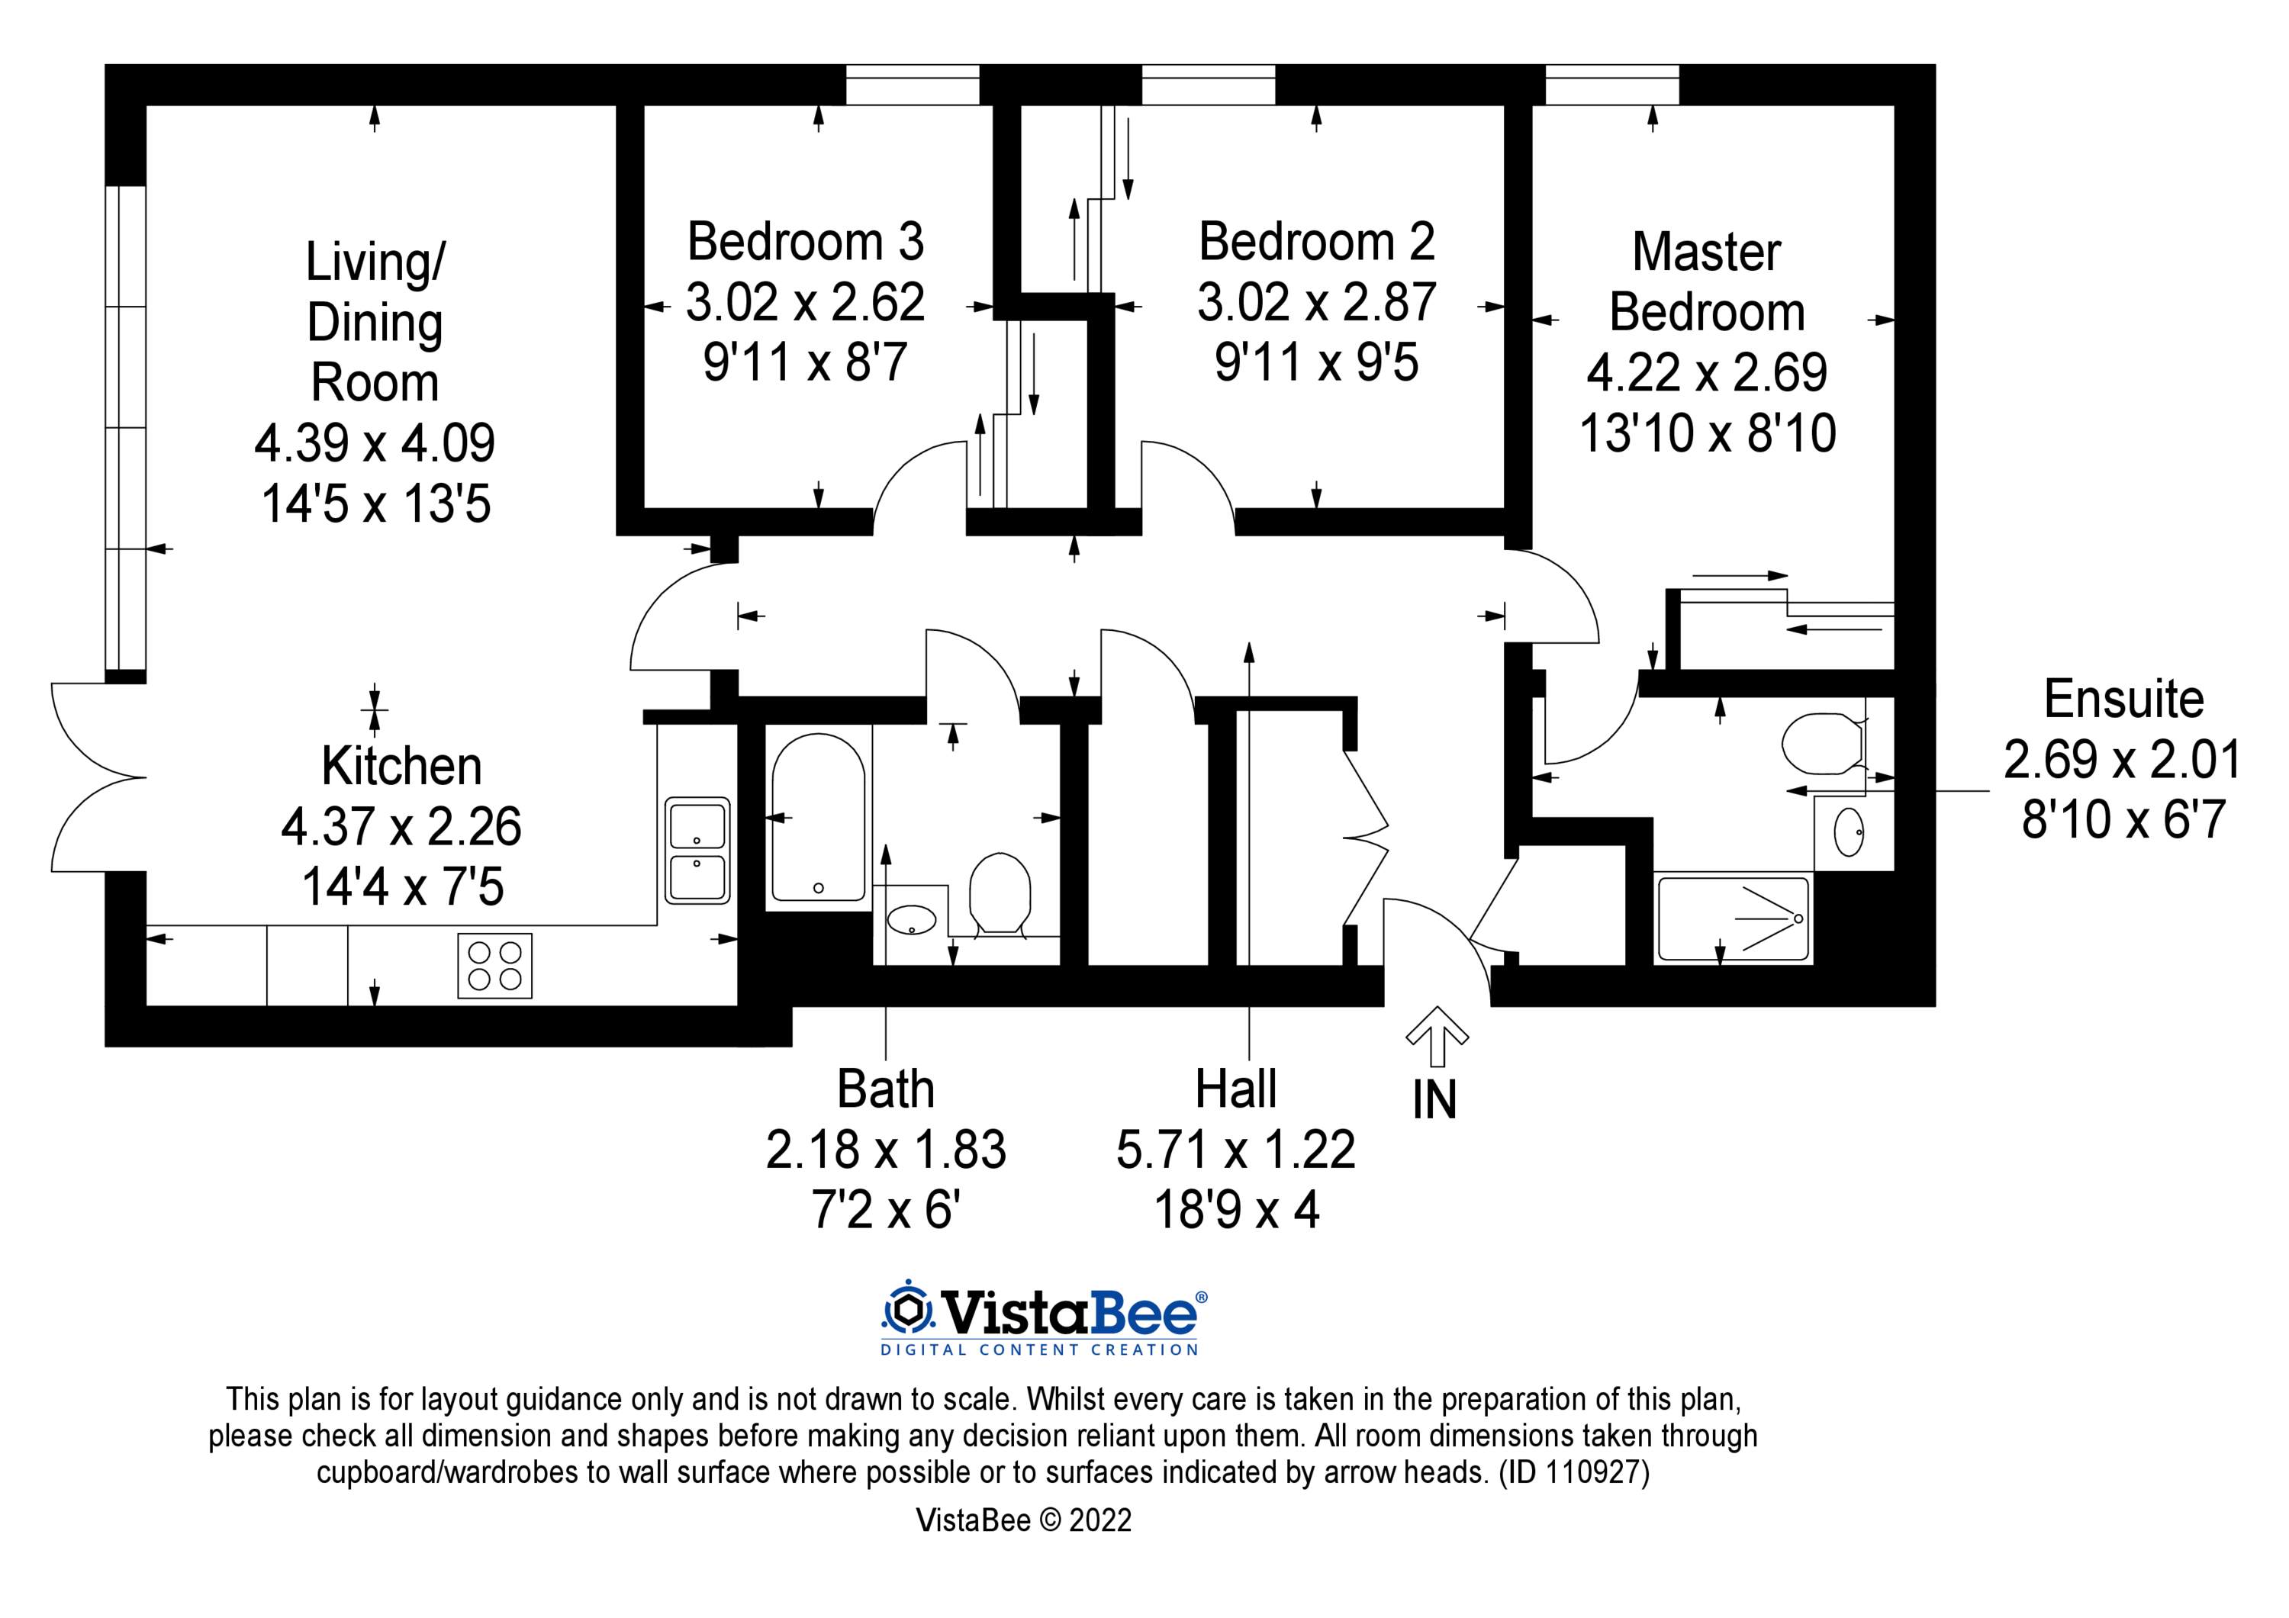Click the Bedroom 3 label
806,243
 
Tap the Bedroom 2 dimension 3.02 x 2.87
1316,302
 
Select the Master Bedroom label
1707,282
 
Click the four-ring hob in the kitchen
494,965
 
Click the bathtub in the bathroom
817,818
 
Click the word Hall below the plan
1235,1089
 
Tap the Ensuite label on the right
2123,700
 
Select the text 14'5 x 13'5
376,504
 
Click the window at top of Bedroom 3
913,85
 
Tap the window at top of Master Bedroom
1612,85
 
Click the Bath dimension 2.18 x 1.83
885,1150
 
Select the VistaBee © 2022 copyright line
1023,1549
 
